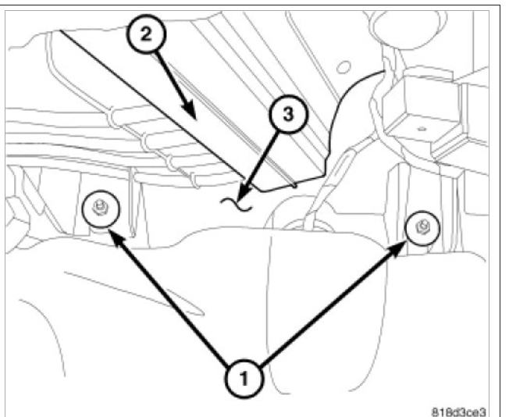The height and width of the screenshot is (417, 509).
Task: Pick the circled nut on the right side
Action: (x=422, y=227)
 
